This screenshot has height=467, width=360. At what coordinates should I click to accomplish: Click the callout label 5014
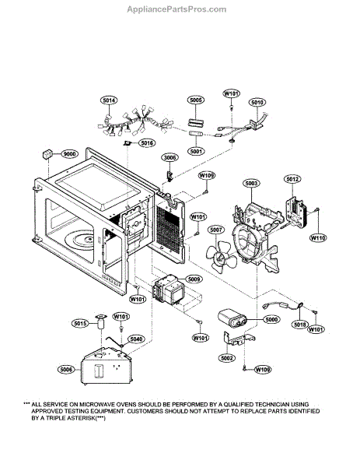tap(109, 100)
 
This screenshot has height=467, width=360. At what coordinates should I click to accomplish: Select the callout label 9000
tap(70, 154)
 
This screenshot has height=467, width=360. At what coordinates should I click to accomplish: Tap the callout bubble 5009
tap(194, 279)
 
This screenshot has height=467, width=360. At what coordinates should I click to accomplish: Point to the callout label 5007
tap(215, 230)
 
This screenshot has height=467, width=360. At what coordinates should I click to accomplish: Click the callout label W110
tap(318, 237)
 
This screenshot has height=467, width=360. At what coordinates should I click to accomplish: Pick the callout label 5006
tap(66, 370)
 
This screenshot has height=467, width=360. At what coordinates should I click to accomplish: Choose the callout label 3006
tap(170, 157)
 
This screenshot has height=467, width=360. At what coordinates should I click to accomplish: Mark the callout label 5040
tap(136, 339)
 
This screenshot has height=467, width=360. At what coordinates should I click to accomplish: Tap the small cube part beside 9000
tap(47, 155)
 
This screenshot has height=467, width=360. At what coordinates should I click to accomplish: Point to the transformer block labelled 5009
tap(169, 290)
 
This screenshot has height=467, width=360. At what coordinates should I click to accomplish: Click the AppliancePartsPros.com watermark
tap(177, 9)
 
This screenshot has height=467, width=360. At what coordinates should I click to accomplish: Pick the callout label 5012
tap(292, 179)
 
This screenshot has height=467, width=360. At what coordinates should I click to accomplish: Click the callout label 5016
tap(147, 143)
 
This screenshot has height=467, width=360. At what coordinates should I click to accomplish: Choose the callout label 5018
tap(299, 325)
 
